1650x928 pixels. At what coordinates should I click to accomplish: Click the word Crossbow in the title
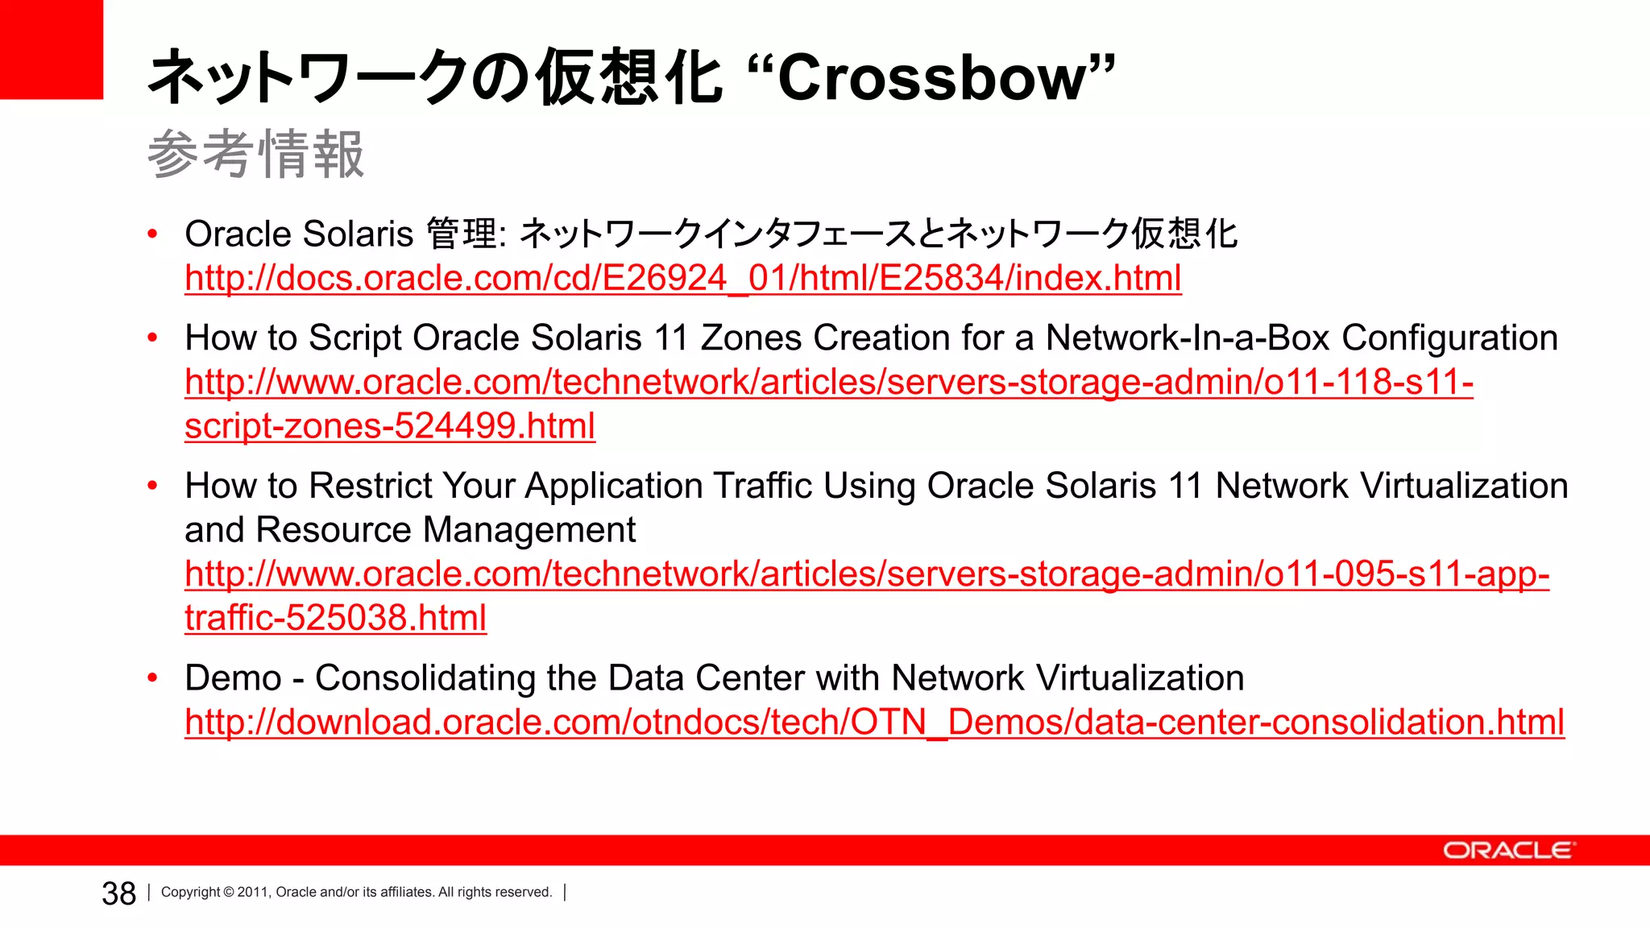[935, 78]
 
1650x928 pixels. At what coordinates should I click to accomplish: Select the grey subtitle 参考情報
[255, 154]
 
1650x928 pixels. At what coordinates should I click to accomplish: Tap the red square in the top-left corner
[51, 48]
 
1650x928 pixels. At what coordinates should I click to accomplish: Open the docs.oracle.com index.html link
[682, 278]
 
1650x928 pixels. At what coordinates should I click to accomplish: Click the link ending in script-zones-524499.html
[390, 425]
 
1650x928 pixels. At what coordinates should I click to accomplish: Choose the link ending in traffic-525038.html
[335, 618]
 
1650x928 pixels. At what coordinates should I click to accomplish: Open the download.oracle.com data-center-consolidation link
[874, 722]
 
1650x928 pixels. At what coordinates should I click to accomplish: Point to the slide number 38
[118, 893]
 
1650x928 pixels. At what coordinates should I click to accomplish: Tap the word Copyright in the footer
[190, 892]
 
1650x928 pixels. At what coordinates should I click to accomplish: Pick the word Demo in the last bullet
[233, 677]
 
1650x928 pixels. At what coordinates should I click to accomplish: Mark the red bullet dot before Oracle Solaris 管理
[152, 234]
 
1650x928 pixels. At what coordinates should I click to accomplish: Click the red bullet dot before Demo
[152, 678]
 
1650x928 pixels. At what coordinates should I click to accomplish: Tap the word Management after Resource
[529, 530]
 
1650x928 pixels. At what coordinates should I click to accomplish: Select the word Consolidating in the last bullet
[425, 677]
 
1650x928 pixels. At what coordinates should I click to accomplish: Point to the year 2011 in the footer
[252, 892]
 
